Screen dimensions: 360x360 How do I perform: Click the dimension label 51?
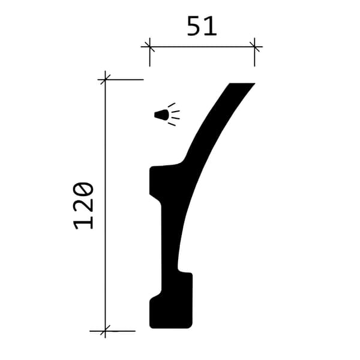pos(202,26)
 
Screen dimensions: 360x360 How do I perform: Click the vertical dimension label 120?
pos(83,205)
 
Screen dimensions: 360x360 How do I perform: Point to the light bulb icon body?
pos(161,115)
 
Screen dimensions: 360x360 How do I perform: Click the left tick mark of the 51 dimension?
pos(149,47)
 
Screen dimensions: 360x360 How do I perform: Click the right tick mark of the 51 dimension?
pos(254,47)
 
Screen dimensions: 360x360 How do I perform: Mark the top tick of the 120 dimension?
pos(105,80)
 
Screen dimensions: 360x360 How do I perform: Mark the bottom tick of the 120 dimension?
pos(105,331)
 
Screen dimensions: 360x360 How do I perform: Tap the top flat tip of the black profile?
pos(242,84)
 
